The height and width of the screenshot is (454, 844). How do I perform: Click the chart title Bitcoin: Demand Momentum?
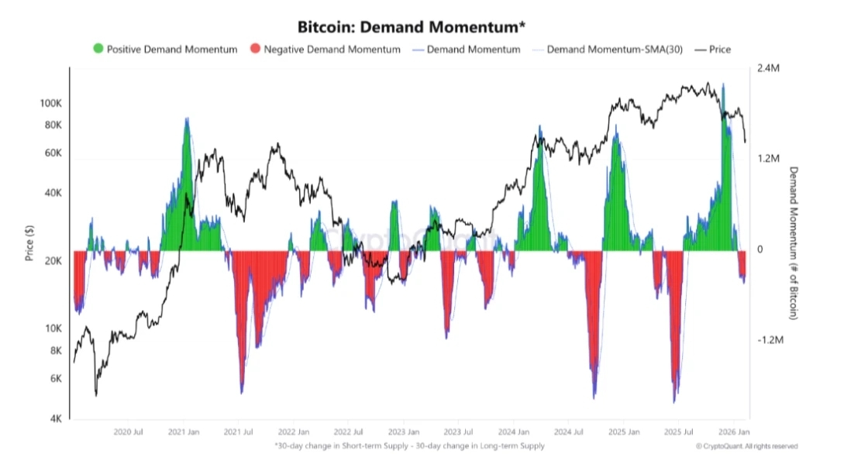tap(412, 27)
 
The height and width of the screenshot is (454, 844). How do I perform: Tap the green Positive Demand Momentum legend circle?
tap(98, 50)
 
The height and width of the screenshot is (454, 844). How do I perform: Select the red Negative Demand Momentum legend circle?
tap(255, 50)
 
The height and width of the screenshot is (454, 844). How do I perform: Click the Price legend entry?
tap(718, 50)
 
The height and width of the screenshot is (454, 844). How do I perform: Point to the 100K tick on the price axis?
tap(50, 103)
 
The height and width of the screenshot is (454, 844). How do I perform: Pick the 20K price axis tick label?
tap(50, 261)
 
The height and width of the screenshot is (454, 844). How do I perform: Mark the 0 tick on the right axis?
tap(760, 249)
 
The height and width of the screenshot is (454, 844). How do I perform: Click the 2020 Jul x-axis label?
tap(127, 432)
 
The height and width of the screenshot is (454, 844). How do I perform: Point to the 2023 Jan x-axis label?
tap(403, 432)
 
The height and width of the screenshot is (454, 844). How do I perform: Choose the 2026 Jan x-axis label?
tap(734, 432)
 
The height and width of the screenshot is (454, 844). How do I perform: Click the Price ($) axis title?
tap(29, 242)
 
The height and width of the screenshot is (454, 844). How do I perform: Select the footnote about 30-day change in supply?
tap(409, 445)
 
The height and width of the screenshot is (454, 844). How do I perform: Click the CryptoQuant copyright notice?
tap(746, 446)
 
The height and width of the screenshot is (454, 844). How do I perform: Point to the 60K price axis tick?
tap(52, 153)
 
